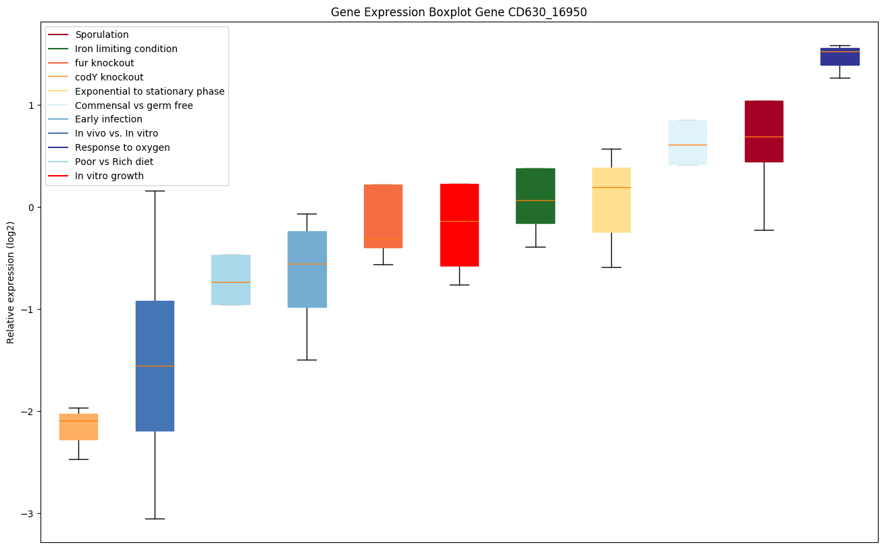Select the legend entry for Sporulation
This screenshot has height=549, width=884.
pos(102,34)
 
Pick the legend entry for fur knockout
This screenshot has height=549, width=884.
pos(105,63)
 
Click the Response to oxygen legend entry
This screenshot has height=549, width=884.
pos(122,147)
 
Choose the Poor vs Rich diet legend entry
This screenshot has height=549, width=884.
pos(114,162)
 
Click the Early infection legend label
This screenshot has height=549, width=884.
pos(109,120)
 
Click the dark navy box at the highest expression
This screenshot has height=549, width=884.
pos(839,57)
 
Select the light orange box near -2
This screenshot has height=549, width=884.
pos(78,427)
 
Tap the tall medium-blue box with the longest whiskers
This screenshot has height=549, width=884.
pos(155,366)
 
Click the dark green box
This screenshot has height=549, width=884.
pos(536,196)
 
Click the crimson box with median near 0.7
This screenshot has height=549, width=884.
pos(764,131)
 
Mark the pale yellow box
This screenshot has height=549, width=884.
pos(611,200)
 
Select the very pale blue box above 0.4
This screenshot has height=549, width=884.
pos(687,143)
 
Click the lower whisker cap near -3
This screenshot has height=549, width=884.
pos(155,519)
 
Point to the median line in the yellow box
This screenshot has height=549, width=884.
pos(611,187)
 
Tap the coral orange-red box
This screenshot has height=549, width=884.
pos(383,216)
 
